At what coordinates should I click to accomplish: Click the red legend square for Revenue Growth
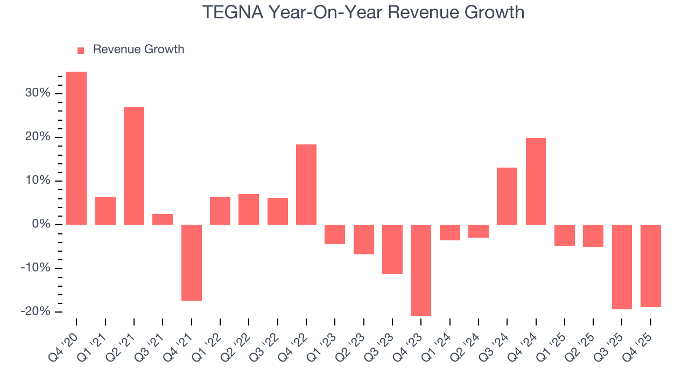(x=81, y=50)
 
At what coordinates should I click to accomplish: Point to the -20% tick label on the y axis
(x=37, y=311)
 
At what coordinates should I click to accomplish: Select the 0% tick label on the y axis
(x=43, y=224)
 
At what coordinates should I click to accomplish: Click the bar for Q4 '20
(x=76, y=148)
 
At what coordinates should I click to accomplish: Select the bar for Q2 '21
(x=134, y=166)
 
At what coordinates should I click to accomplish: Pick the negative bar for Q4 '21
(x=192, y=262)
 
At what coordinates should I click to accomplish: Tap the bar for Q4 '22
(x=306, y=184)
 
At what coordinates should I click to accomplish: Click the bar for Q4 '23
(x=421, y=270)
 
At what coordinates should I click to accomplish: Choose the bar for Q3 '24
(x=507, y=196)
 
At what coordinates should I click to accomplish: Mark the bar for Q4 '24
(x=536, y=181)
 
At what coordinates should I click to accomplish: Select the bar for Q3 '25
(x=622, y=267)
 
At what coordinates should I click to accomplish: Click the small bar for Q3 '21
(x=163, y=219)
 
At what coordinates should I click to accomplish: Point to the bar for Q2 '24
(x=479, y=231)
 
